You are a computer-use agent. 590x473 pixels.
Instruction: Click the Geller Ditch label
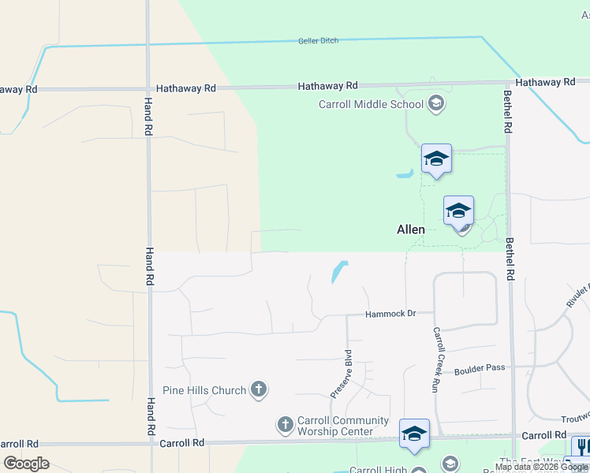(319, 41)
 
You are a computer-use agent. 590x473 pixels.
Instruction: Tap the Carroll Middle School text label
(371, 103)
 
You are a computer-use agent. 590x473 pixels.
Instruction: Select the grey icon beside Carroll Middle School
(436, 103)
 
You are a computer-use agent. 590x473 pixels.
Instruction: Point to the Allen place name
(410, 230)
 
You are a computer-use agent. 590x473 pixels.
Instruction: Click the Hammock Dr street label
(390, 314)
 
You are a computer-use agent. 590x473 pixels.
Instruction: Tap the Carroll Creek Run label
(435, 359)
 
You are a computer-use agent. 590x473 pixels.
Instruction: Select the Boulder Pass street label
(479, 368)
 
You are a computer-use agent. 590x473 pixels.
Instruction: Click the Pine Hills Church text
(204, 389)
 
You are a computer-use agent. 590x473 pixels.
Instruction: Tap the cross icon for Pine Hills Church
(258, 389)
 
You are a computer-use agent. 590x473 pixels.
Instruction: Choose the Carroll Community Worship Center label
(342, 426)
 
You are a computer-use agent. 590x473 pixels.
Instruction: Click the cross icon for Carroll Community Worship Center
(286, 425)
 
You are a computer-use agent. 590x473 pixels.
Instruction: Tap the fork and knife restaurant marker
(581, 446)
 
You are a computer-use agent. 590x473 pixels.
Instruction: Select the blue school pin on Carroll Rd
(414, 434)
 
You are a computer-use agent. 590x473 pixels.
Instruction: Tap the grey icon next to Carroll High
(450, 464)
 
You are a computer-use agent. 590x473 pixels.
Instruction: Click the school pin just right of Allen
(458, 211)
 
